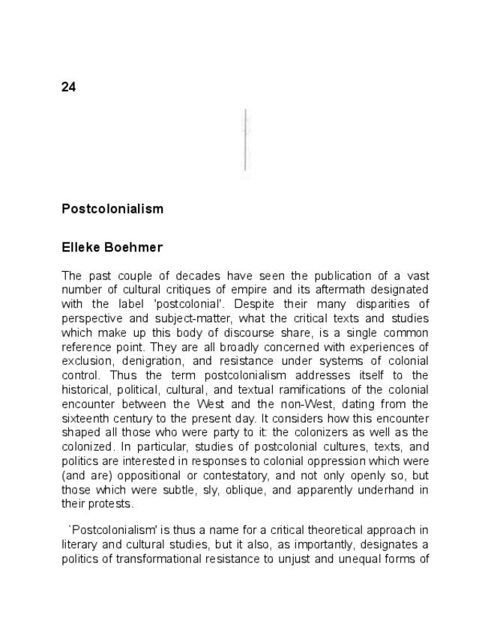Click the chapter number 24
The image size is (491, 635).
[x=68, y=87]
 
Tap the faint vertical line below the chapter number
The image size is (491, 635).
[x=245, y=141]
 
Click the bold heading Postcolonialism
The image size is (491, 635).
[x=112, y=209]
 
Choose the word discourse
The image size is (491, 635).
[x=260, y=332]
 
